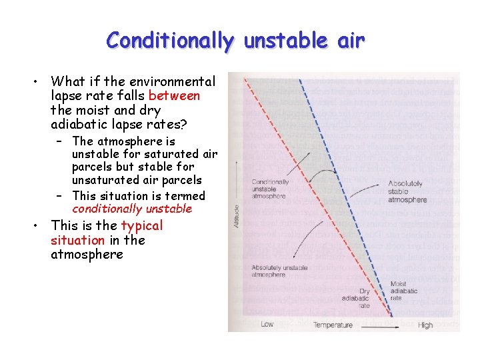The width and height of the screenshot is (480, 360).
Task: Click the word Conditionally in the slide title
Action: coord(170,41)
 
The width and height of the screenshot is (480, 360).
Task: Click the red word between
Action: coord(174,96)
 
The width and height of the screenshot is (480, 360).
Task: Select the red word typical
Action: coord(141,225)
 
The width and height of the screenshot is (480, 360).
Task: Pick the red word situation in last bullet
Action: coord(77,240)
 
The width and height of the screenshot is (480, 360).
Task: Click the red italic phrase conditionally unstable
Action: coord(132,209)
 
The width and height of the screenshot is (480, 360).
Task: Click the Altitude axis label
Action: coord(235,216)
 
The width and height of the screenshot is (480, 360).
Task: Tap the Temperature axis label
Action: coord(333,325)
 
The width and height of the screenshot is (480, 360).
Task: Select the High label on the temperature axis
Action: coord(425,325)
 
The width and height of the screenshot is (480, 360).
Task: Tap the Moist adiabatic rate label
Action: coord(403,291)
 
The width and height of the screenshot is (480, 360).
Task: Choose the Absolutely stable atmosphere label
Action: coord(407,192)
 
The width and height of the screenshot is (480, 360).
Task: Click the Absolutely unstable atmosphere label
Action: coord(279,271)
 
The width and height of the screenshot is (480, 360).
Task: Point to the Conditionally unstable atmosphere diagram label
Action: coord(270,189)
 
